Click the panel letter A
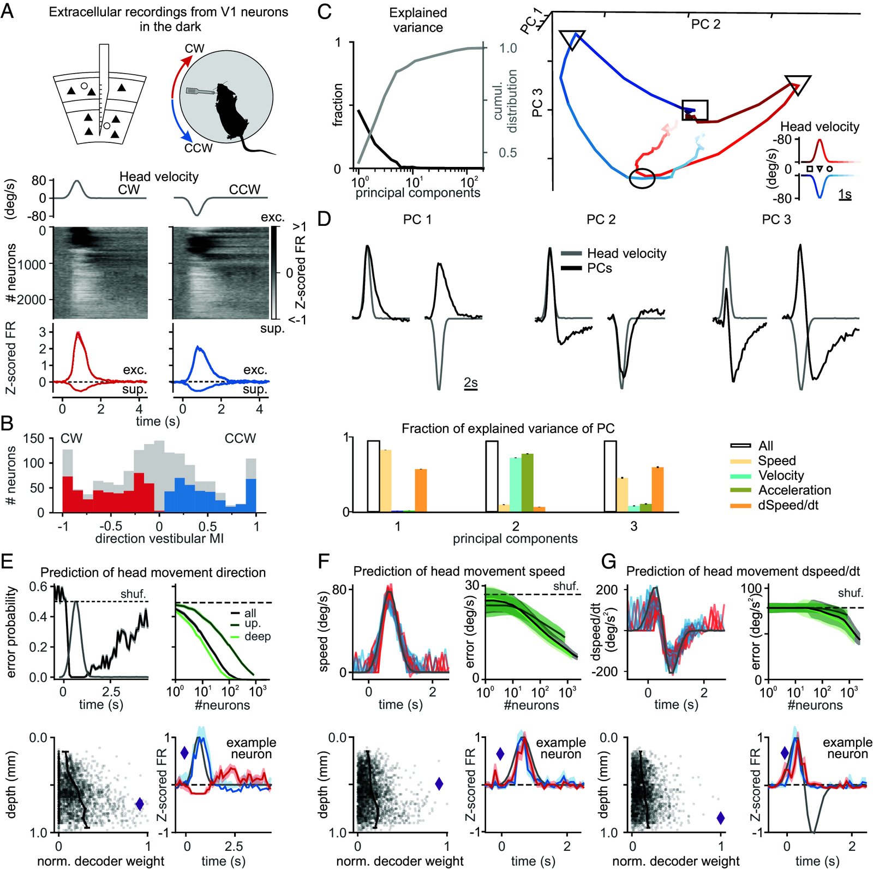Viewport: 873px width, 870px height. (7, 10)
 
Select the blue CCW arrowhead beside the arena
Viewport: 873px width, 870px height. (188, 136)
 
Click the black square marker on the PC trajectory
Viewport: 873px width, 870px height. (695, 110)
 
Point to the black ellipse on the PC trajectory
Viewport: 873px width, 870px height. (642, 178)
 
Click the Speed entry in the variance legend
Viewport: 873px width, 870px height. (776, 460)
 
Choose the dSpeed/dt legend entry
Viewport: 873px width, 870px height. (788, 505)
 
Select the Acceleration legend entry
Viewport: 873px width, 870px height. (794, 490)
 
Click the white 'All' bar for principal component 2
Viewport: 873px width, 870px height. (492, 476)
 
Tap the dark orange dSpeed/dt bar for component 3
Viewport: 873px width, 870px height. (657, 489)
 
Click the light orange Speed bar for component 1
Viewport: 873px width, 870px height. (386, 480)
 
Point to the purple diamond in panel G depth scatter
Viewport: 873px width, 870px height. (721, 818)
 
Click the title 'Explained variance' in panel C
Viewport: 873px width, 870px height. (418, 20)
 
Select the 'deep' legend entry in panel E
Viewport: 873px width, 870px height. (257, 637)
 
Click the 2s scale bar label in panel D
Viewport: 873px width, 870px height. (471, 383)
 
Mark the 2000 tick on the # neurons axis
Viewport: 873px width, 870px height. (34, 299)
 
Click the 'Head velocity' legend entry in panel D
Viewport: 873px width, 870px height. (626, 254)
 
